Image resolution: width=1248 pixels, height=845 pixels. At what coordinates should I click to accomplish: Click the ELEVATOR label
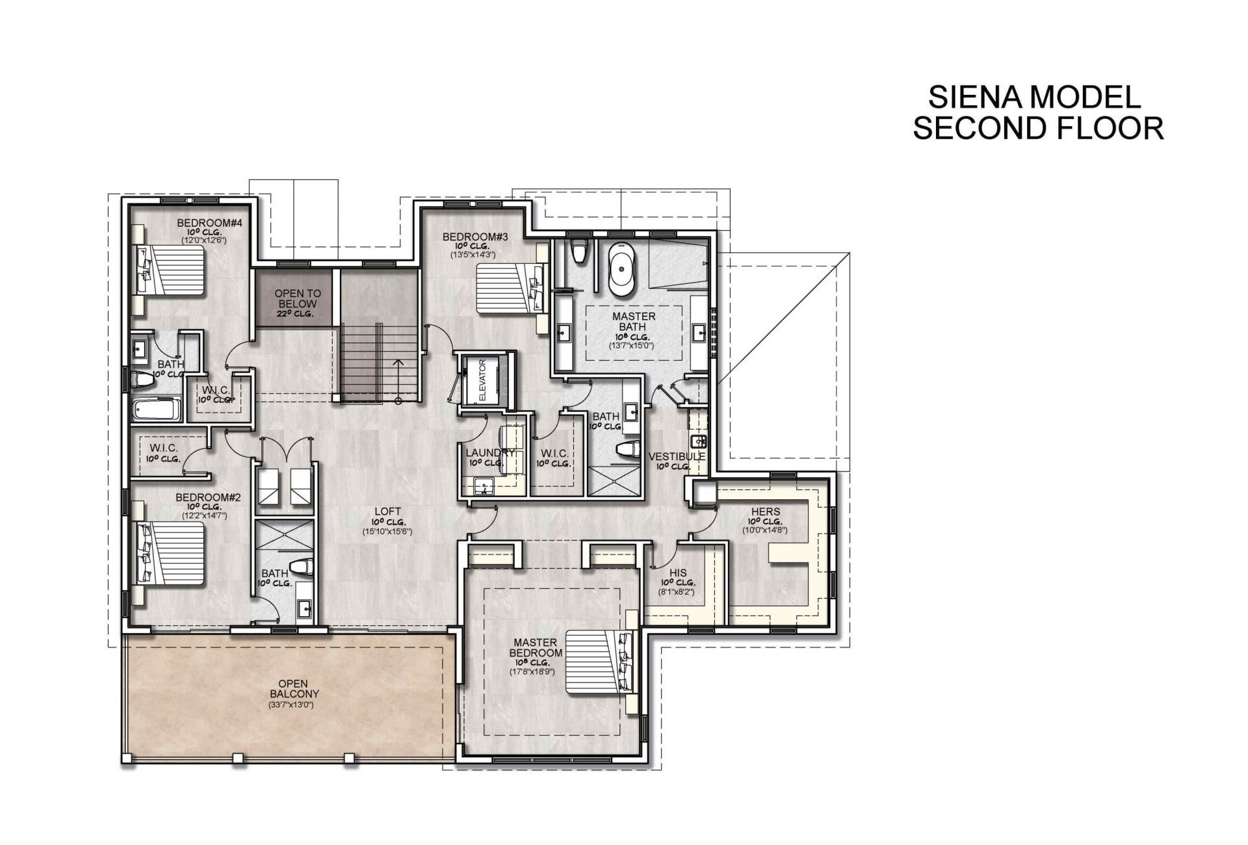482,380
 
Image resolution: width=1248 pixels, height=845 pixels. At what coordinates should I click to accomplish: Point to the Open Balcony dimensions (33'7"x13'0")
291,705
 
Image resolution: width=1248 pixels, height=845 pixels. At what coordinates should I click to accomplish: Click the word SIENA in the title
973,97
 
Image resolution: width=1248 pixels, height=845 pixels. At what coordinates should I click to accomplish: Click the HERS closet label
765,512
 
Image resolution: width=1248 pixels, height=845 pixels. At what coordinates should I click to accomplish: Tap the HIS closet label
678,573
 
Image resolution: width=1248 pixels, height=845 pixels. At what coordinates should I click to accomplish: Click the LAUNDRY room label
490,452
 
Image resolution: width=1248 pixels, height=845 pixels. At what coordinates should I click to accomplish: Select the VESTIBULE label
677,457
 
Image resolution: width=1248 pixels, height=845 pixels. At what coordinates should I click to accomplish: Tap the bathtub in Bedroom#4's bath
153,410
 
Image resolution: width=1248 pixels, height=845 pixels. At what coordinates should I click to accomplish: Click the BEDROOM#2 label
208,497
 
